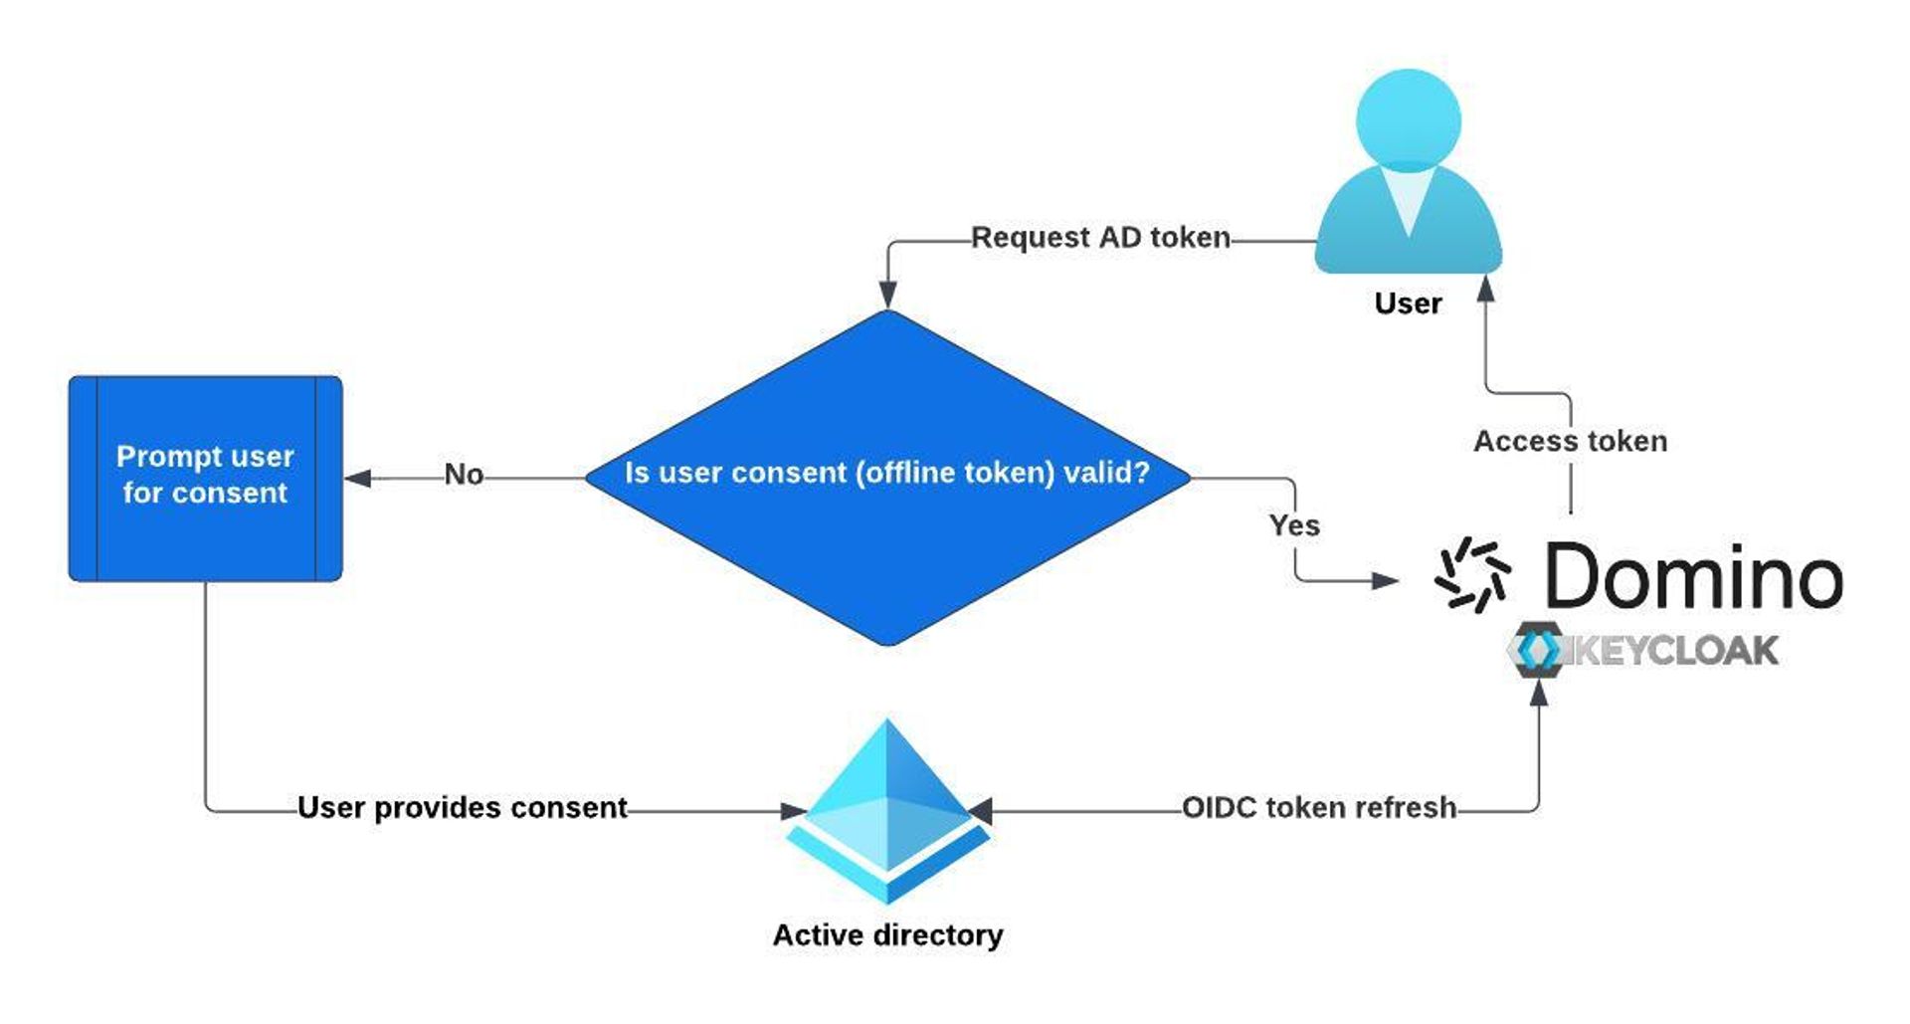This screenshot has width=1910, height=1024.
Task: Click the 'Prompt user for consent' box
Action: [x=205, y=478]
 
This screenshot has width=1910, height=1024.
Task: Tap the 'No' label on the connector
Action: [x=464, y=474]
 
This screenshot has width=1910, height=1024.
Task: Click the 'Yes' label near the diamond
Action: [x=1294, y=524]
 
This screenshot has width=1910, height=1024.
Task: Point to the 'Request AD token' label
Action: [x=1100, y=238]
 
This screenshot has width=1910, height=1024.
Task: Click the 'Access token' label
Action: [x=1570, y=441]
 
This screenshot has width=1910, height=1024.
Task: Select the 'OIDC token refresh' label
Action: [x=1319, y=807]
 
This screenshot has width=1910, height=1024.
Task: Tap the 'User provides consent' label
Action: [x=463, y=807]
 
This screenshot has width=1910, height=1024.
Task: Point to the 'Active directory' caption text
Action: [x=887, y=935]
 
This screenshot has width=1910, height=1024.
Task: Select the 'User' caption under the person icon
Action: [x=1408, y=304]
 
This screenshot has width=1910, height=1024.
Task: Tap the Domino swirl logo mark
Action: [x=1472, y=574]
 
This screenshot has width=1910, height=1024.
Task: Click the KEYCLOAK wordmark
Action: [x=1671, y=651]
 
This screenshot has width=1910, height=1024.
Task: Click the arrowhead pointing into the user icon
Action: [x=1486, y=289]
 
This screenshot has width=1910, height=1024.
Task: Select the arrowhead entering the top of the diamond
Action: [x=887, y=295]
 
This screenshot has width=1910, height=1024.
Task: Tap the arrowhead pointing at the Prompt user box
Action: [x=358, y=479]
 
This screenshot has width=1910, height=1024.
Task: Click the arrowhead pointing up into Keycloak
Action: [x=1538, y=693]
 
